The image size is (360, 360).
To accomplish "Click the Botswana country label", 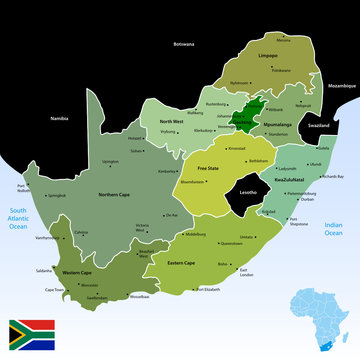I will coord(184,45).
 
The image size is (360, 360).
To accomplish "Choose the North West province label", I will coord(171,121).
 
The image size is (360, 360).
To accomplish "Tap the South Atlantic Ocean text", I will coord(19,214).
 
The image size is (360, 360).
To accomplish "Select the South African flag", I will coord(33,334).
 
